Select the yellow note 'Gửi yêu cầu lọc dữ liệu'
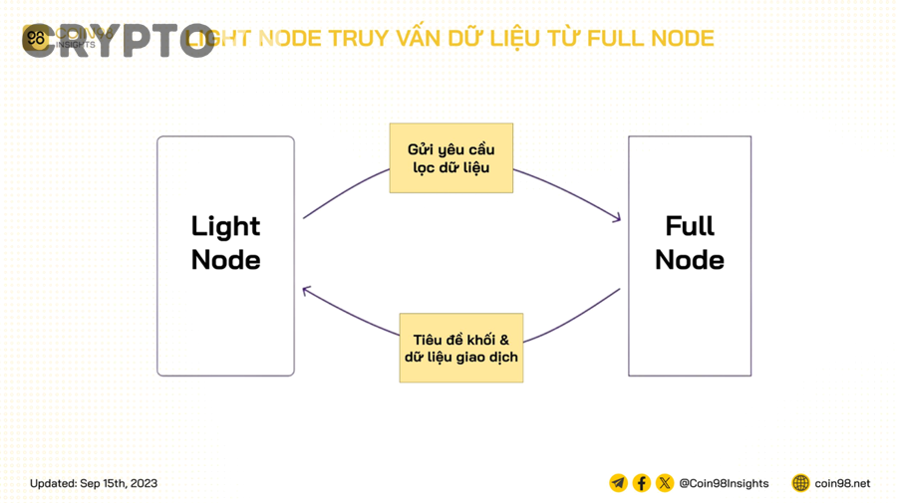pyautogui.click(x=450, y=158)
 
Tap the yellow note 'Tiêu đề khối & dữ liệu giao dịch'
pyautogui.click(x=460, y=348)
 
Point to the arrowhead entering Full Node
pyautogui.click(x=617, y=217)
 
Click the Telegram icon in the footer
pyautogui.click(x=618, y=483)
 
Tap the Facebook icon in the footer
pyautogui.click(x=641, y=483)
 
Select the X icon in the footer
pyautogui.click(x=664, y=483)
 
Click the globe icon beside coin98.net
pyautogui.click(x=800, y=483)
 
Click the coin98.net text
pyautogui.click(x=842, y=483)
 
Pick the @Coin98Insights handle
pyautogui.click(x=724, y=483)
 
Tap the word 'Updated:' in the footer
pyautogui.click(x=53, y=483)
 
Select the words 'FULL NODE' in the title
pyautogui.click(x=650, y=39)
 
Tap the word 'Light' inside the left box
pyautogui.click(x=225, y=227)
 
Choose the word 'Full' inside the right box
pyautogui.click(x=689, y=227)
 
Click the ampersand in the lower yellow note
pyautogui.click(x=503, y=340)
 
